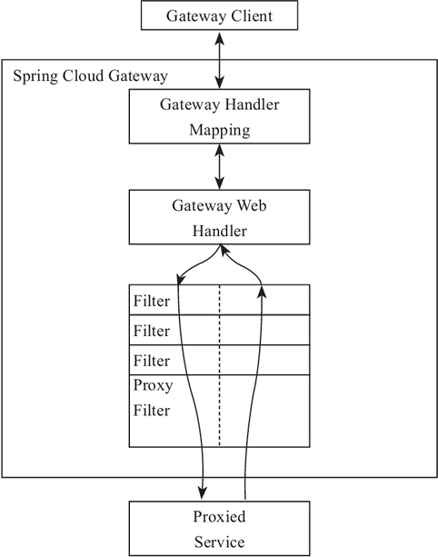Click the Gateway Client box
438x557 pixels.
tap(218, 15)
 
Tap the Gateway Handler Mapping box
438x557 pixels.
tap(219, 116)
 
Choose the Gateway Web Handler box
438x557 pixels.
tap(219, 217)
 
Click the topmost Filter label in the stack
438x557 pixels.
tap(152, 300)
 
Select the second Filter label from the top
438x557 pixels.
tap(152, 329)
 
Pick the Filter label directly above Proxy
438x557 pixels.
tap(152, 359)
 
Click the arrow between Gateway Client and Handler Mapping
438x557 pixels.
tap(219, 59)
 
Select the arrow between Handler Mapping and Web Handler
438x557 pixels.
tap(219, 166)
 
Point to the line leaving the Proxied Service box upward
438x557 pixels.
tap(246, 482)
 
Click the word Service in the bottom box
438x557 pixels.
tap(219, 542)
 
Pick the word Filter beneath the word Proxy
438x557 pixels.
tap(152, 410)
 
